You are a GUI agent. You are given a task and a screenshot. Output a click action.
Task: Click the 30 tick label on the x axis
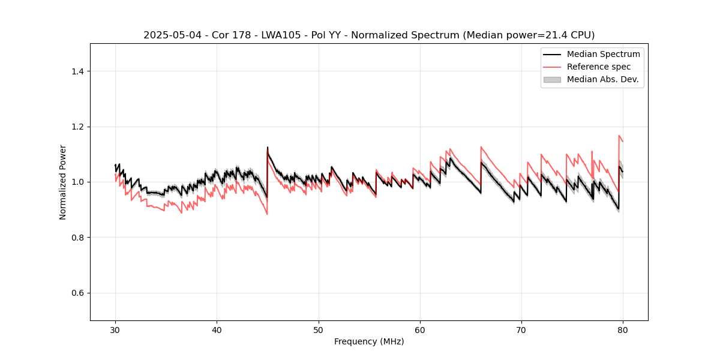click(x=115, y=330)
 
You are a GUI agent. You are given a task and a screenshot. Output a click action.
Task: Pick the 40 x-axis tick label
click(x=217, y=330)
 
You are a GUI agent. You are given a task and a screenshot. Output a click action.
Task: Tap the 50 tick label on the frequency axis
click(x=319, y=330)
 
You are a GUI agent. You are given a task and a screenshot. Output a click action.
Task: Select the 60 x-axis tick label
click(x=420, y=330)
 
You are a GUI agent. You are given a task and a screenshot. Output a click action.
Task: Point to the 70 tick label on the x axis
click(x=521, y=330)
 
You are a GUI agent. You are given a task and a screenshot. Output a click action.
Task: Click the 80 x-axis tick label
click(x=623, y=330)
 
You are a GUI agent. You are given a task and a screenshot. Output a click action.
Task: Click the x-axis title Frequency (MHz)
click(x=369, y=341)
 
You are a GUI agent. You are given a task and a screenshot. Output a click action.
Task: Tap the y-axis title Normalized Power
click(x=63, y=182)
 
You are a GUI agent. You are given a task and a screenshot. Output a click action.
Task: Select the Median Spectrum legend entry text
click(x=603, y=54)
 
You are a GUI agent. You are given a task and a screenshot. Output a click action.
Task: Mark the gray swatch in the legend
click(x=552, y=79)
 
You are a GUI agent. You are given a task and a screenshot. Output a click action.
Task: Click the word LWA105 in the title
click(x=272, y=35)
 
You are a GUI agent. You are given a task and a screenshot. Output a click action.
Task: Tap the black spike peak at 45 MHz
click(x=268, y=148)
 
